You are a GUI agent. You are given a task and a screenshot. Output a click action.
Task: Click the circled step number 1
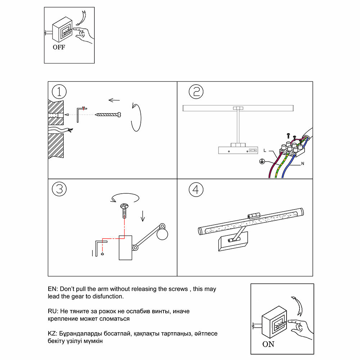(59, 92)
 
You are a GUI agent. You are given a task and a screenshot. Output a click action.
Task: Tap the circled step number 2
(196, 92)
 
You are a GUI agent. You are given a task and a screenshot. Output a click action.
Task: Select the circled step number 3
(59, 189)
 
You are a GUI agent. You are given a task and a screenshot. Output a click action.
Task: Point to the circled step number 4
(196, 190)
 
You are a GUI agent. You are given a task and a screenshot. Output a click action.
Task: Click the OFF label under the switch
(59, 47)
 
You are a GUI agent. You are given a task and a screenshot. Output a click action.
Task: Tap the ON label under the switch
(268, 345)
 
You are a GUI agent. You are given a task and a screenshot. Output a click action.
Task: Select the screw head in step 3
(124, 207)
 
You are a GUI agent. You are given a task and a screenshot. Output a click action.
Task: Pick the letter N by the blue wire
(303, 164)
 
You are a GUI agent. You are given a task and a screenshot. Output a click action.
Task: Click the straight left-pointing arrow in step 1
(114, 100)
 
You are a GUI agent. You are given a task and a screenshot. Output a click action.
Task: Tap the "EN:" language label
(53, 289)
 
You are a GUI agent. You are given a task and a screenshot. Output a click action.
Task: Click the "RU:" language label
(53, 311)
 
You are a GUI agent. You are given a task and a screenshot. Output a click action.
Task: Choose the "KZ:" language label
(53, 334)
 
